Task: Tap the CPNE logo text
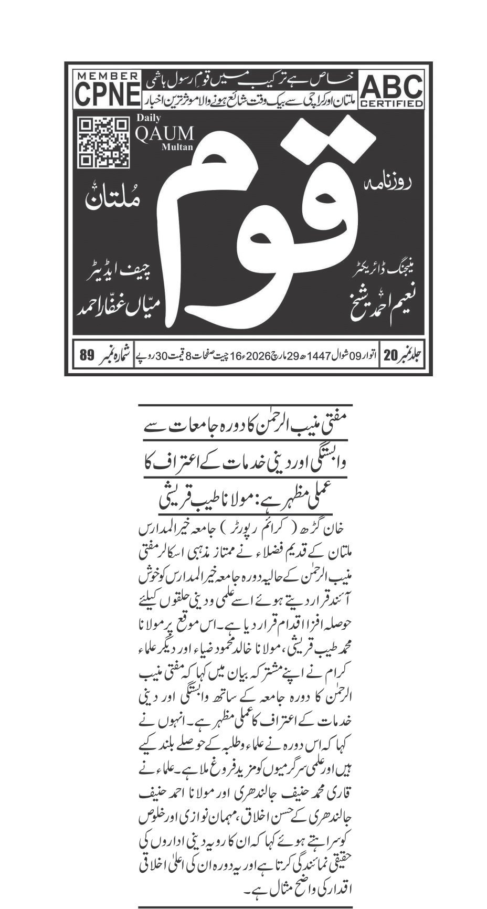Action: point(108,94)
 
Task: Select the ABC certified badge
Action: point(391,89)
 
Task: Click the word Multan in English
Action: point(173,147)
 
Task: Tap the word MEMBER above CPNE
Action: point(108,76)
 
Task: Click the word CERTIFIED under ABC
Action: point(391,103)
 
